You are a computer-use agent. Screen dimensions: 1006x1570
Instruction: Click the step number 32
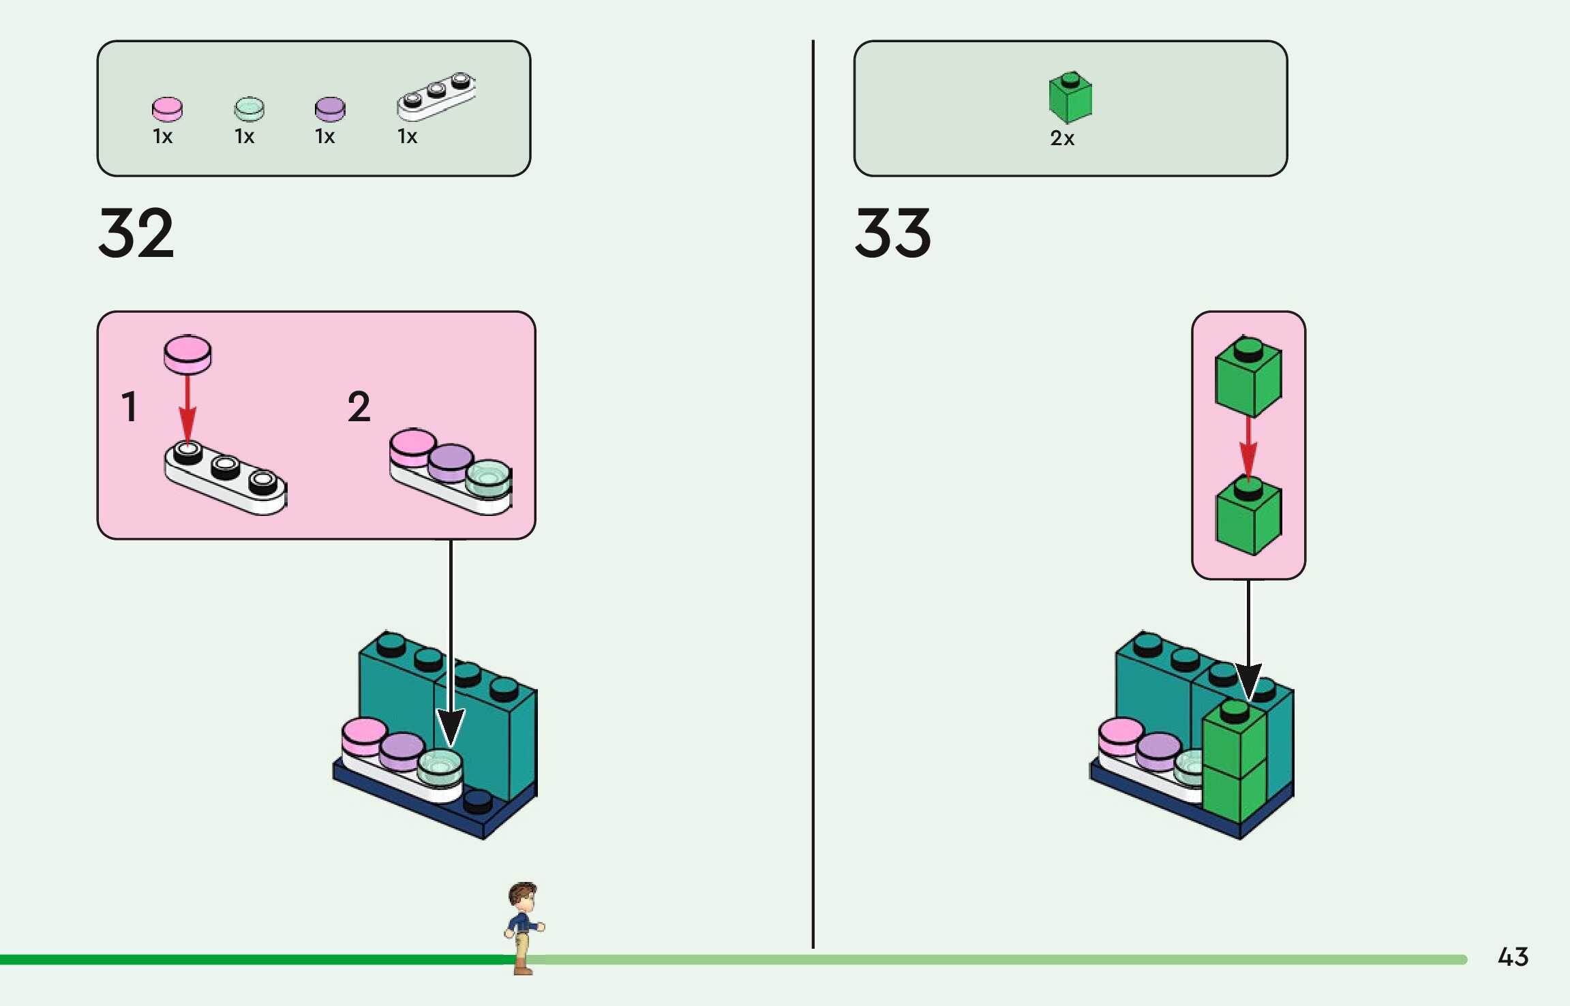136,233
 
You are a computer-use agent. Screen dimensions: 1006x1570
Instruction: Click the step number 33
892,233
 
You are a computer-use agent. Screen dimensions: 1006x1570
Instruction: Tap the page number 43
1513,957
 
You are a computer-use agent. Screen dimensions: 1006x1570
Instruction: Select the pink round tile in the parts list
167,108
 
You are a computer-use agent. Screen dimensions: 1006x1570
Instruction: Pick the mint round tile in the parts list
249,108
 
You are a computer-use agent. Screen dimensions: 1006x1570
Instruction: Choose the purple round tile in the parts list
330,108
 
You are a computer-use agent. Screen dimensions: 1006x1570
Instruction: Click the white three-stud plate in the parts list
436,96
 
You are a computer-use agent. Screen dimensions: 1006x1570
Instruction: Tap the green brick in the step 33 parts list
1070,98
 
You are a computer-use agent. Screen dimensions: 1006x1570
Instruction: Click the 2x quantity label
1062,138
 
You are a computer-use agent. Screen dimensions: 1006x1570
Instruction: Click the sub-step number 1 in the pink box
129,407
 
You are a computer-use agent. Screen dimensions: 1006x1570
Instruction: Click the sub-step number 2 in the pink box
359,407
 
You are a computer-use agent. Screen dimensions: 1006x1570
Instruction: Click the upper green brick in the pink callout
1248,377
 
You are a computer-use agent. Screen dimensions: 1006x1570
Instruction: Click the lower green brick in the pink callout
1248,517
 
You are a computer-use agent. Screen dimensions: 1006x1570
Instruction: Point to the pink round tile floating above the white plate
187,354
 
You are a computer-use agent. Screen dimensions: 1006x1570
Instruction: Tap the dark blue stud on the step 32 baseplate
478,802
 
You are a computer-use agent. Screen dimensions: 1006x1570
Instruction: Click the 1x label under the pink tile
163,137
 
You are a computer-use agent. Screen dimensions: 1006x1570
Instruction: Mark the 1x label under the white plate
408,137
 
